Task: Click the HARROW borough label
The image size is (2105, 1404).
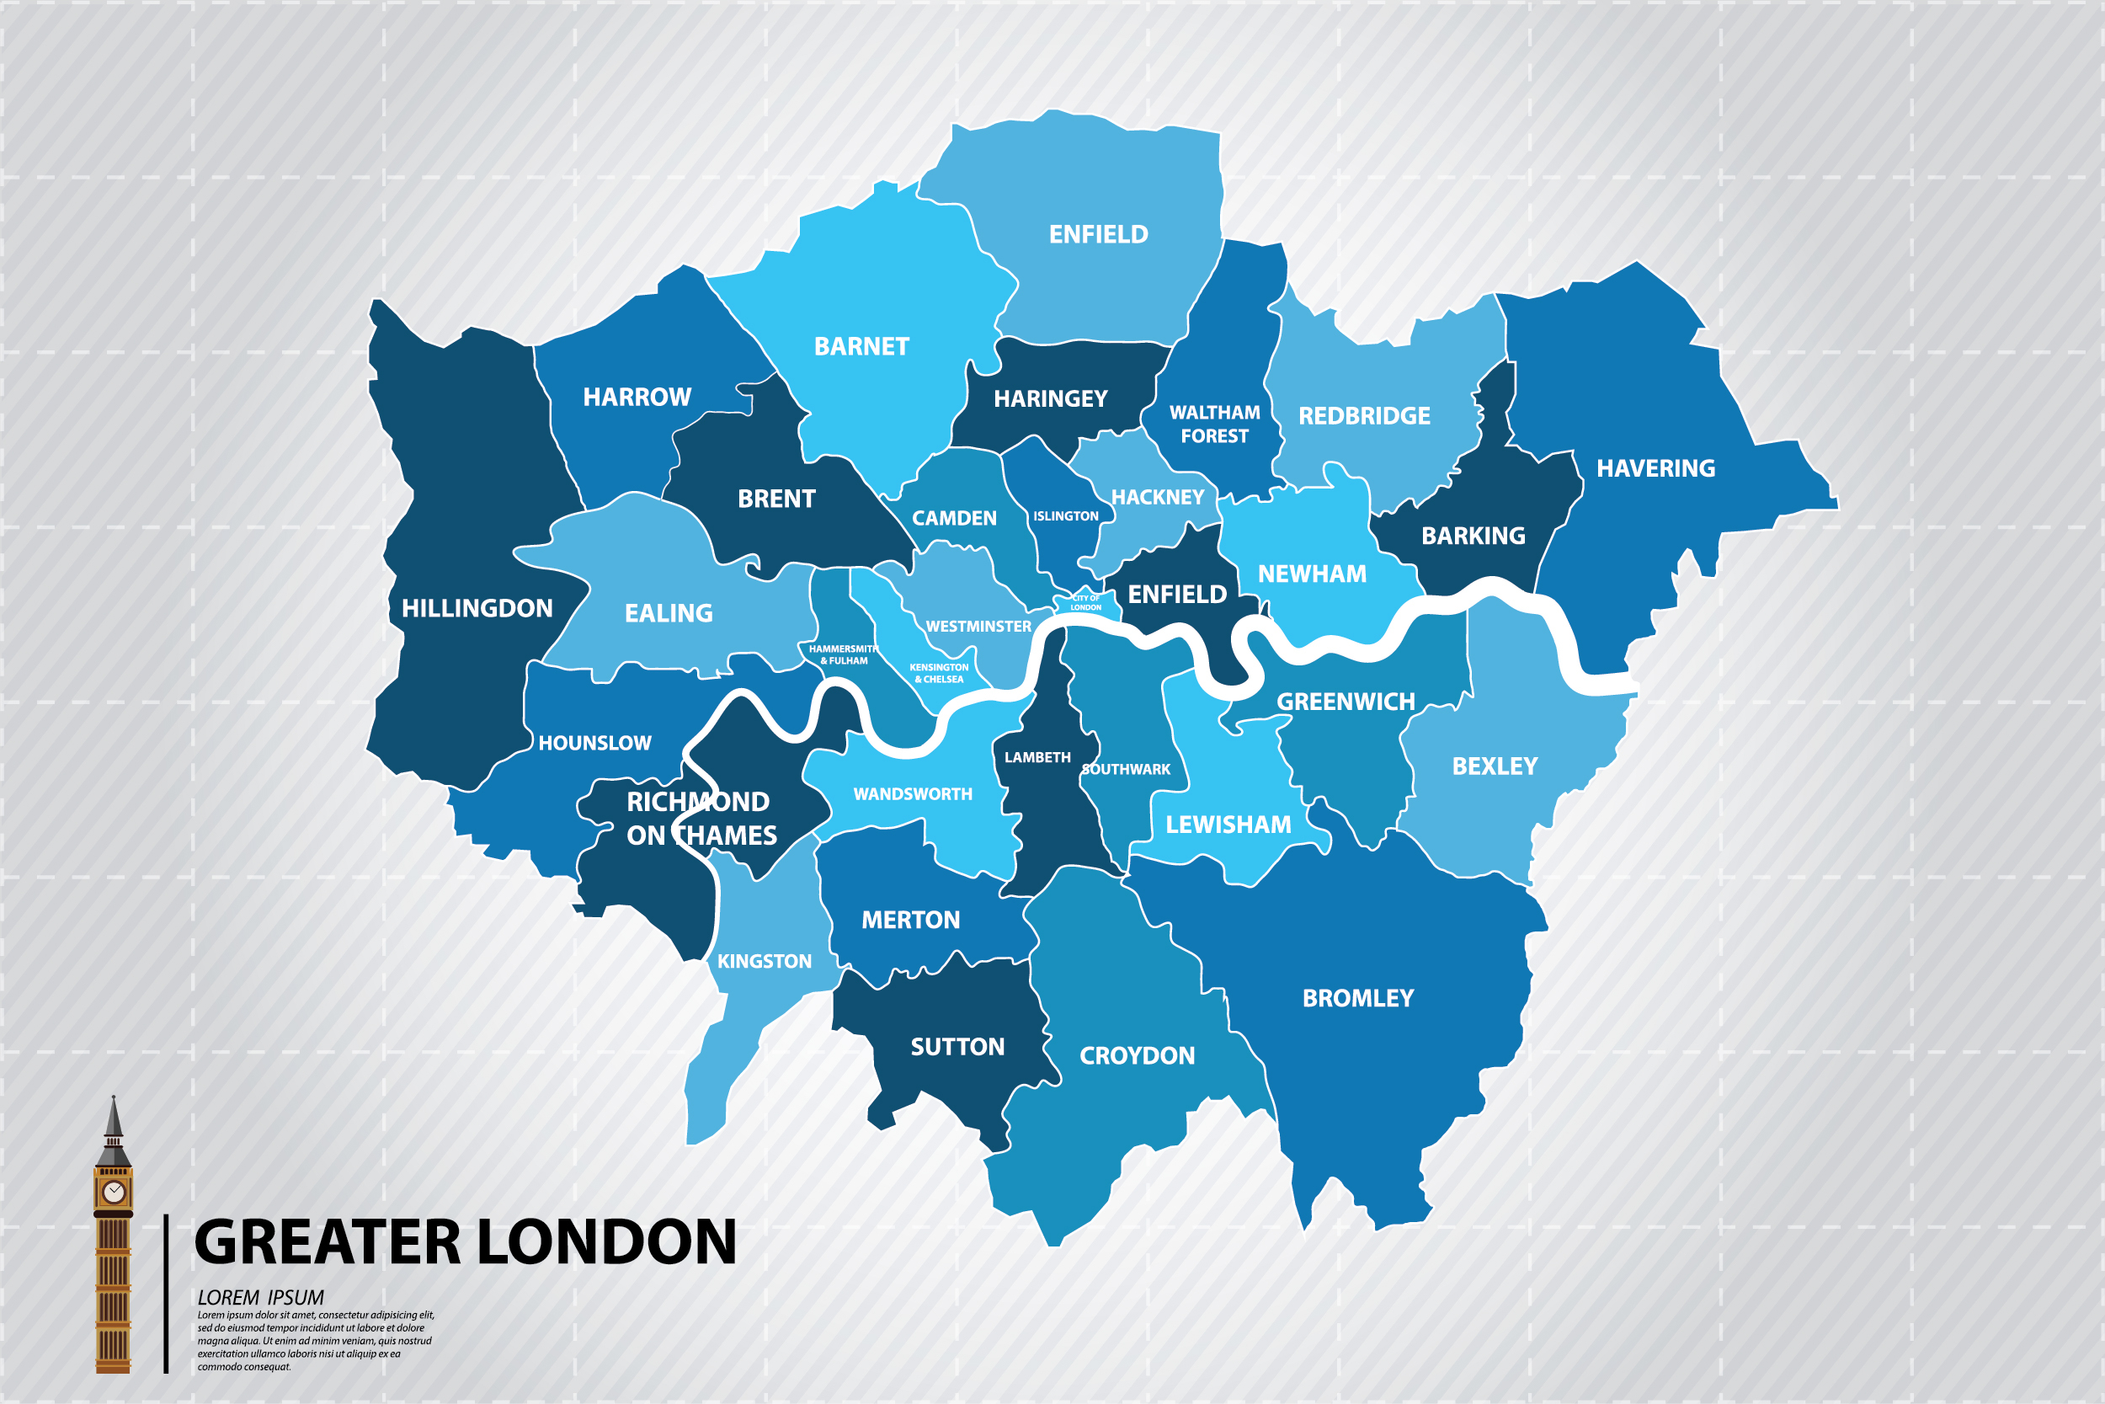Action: coord(637,397)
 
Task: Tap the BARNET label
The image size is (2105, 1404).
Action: coord(861,346)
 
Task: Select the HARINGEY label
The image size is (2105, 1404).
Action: coord(1050,398)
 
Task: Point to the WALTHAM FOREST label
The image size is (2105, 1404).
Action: coord(1213,424)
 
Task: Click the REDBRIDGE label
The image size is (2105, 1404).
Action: coord(1364,416)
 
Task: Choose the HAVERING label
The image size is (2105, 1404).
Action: coord(1655,468)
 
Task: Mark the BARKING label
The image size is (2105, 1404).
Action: coord(1473,536)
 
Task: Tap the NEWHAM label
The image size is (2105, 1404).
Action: coord(1311,574)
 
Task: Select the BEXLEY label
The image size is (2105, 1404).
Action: coord(1494,766)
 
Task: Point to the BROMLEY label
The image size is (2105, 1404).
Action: coord(1357,998)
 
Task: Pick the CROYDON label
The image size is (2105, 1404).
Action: coord(1137,1055)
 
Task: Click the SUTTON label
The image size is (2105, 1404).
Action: coord(957,1047)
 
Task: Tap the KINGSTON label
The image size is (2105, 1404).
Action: coord(764,962)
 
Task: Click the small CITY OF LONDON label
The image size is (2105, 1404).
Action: coord(1085,602)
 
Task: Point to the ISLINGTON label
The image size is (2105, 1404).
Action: coord(1065,515)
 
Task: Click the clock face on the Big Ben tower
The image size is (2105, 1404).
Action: coord(114,1192)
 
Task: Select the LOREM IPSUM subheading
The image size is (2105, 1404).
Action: coord(260,1297)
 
